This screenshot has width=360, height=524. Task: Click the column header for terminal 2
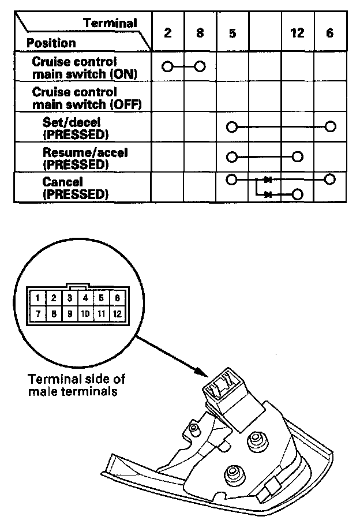pyautogui.click(x=167, y=33)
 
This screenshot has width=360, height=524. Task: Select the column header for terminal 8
pyautogui.click(x=200, y=33)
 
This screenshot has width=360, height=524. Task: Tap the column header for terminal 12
pyautogui.click(x=297, y=33)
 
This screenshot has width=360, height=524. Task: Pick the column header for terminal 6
pyautogui.click(x=329, y=33)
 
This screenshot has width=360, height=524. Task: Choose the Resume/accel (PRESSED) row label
pyautogui.click(x=84, y=158)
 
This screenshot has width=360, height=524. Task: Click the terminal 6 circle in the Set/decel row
pyautogui.click(x=330, y=126)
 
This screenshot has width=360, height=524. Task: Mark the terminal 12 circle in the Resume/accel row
pyautogui.click(x=298, y=156)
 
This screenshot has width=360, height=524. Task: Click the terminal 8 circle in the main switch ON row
pyautogui.click(x=200, y=66)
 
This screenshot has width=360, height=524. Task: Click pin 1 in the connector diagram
pyautogui.click(x=37, y=298)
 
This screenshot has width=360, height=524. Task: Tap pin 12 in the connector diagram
pyautogui.click(x=117, y=314)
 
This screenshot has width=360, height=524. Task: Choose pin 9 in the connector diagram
pyautogui.click(x=69, y=314)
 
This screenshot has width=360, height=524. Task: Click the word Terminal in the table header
pyautogui.click(x=110, y=23)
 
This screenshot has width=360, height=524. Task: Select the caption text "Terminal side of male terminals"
pyautogui.click(x=76, y=385)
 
